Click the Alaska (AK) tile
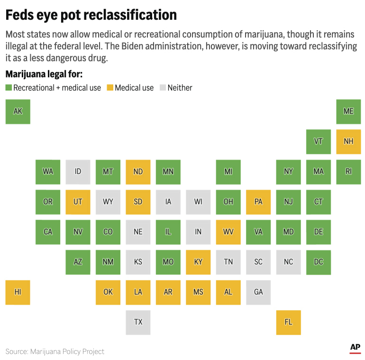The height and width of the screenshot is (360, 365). [18, 111]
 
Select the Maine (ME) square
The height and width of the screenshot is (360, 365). [348, 111]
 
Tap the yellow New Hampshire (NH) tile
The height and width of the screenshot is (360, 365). [348, 142]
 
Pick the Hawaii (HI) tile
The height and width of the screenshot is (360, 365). [18, 292]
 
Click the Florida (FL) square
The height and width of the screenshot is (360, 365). [288, 322]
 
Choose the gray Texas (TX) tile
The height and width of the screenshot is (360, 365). [138, 322]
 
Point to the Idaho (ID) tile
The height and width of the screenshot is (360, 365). [78, 171]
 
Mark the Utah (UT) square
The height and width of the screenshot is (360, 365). [78, 202]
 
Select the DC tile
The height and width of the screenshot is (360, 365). [319, 262]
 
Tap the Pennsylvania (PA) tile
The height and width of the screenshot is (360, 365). [258, 202]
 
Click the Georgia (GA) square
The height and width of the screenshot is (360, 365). [258, 292]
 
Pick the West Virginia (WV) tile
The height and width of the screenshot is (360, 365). [228, 232]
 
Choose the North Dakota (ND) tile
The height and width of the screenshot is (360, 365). [138, 171]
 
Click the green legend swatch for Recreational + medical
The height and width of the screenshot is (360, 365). [9, 88]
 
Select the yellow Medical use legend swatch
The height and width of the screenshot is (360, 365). [110, 88]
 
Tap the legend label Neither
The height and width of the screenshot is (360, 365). [180, 88]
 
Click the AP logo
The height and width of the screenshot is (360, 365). [355, 348]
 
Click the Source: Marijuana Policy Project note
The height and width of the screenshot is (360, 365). [55, 351]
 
